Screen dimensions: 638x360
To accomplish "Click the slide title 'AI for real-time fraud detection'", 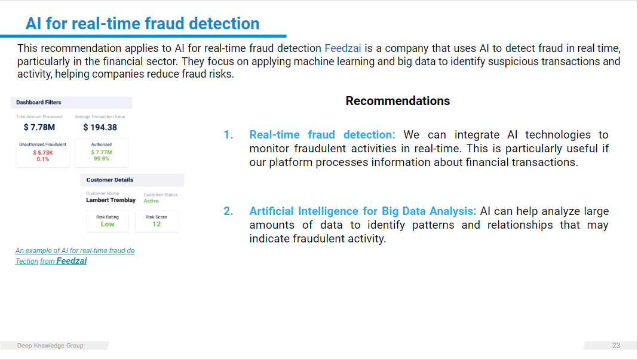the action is pos(142,24).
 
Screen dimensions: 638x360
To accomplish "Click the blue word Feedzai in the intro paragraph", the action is pos(343,48).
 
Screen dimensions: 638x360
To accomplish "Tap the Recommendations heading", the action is pos(397,101).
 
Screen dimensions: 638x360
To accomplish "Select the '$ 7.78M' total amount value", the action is pos(39,127).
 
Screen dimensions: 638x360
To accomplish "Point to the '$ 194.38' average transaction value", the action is pos(100,127).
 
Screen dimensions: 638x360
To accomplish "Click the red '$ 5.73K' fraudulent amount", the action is pos(43,153).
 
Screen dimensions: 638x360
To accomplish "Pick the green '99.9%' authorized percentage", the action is pos(102,159).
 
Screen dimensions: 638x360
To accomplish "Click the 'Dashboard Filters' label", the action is pos(39,102).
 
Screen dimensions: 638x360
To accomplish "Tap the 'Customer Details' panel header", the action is pos(109,180).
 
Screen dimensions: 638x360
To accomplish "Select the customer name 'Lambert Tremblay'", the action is pos(111,200).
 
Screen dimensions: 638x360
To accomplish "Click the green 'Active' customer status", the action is pos(151,201).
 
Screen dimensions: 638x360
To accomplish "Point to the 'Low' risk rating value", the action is pos(108,224).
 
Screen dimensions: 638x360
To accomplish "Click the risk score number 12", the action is pos(157,224).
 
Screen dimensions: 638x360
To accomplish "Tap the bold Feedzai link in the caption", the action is pos(71,261).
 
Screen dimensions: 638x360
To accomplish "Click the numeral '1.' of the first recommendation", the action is pos(228,135).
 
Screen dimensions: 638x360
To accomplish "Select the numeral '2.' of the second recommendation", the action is pos(228,211).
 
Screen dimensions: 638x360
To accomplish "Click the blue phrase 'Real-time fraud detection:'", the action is pos(322,135).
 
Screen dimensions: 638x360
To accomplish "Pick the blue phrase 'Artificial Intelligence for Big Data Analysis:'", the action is pos(363,211).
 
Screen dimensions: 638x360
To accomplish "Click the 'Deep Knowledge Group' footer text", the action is pos(50,345).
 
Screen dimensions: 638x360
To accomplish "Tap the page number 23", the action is pos(616,345).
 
